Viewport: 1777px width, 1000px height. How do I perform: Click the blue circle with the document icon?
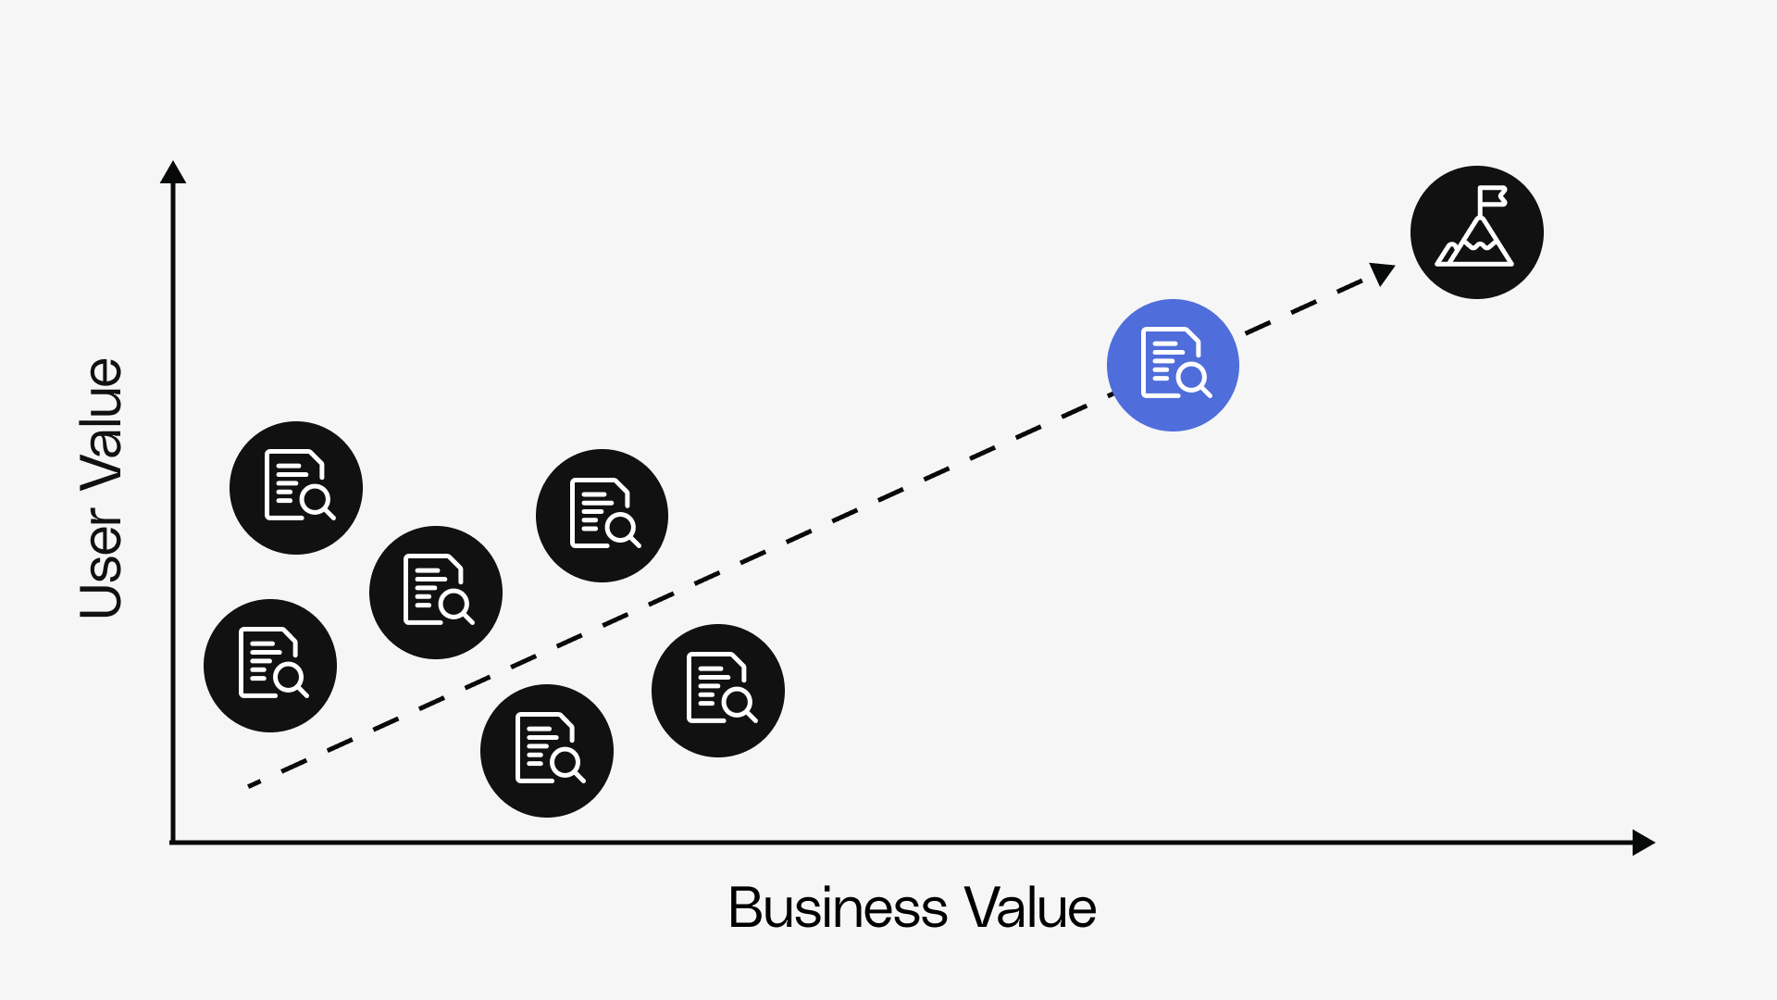(x=1173, y=365)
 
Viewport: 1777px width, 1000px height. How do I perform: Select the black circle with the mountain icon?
(x=1476, y=232)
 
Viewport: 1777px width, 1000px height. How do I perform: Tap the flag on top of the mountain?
(x=1491, y=197)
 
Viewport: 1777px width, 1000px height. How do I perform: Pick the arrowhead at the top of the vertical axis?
(x=173, y=173)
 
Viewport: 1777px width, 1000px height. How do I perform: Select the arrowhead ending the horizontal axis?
(x=1643, y=843)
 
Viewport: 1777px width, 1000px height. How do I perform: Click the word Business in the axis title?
(x=838, y=907)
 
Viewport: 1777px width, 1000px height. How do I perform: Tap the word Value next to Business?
(x=1029, y=907)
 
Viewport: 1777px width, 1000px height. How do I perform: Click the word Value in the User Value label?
(x=102, y=422)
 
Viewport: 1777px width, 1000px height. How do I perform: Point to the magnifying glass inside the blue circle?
(x=1193, y=378)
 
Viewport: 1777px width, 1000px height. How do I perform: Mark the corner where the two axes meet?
(x=173, y=842)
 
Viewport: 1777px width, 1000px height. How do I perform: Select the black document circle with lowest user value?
(x=547, y=751)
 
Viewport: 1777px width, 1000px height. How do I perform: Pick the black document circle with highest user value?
(x=296, y=488)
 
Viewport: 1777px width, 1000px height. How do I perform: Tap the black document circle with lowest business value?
(x=270, y=666)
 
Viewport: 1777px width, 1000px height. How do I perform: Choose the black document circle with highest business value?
(x=718, y=691)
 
